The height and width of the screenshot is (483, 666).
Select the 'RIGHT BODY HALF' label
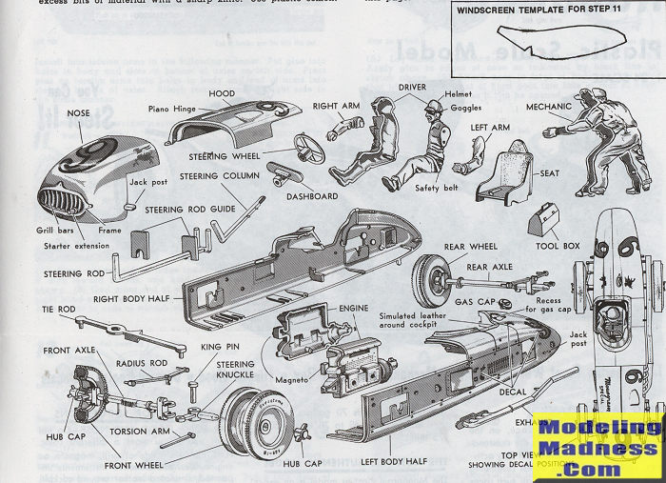click(131, 299)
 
